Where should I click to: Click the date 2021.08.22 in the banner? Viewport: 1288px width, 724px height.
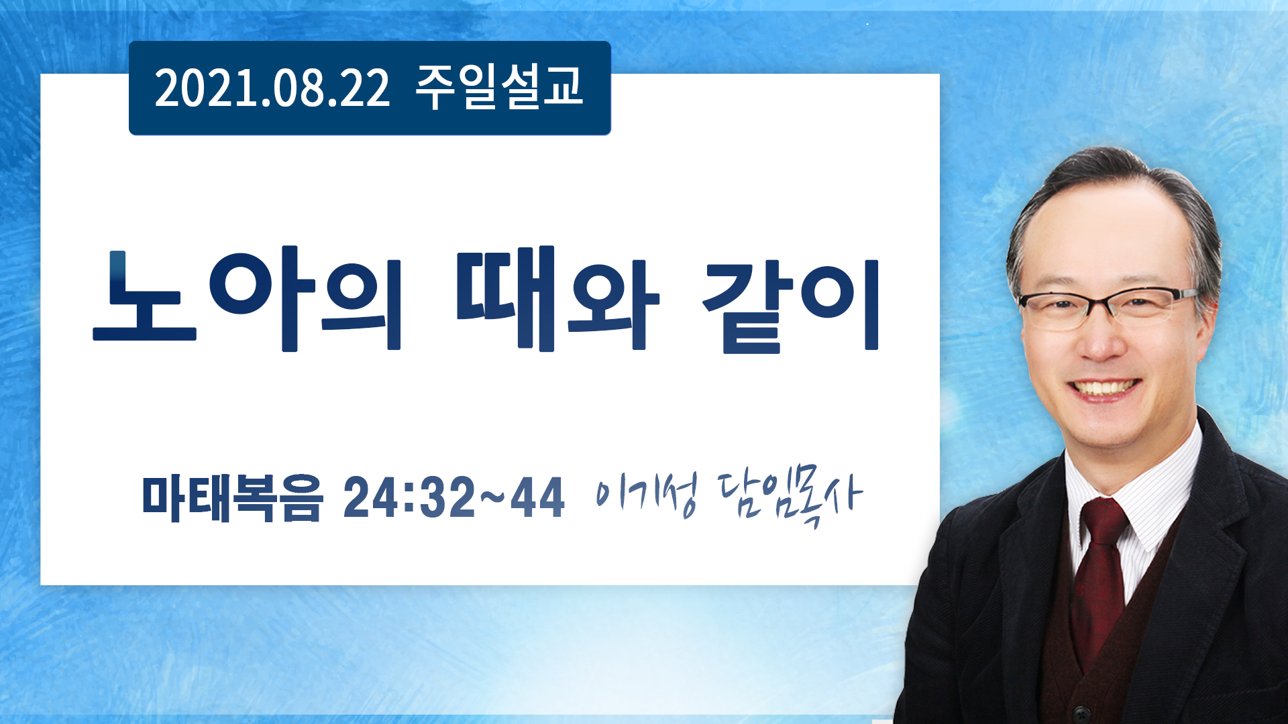pos(272,88)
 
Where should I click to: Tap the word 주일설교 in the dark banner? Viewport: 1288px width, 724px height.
pos(499,87)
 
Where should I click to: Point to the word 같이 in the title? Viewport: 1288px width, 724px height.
pos(790,306)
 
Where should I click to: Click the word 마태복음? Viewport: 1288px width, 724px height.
pos(232,497)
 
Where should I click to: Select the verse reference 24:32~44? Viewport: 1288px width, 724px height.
pos(454,497)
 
